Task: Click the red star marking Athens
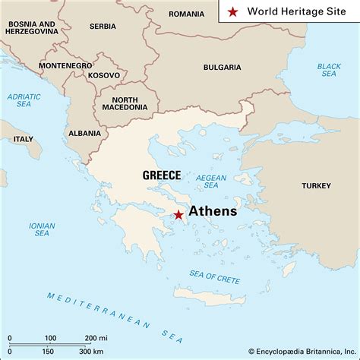coord(178,215)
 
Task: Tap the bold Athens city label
coord(213,211)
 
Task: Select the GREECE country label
coord(162,175)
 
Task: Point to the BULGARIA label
coord(222,68)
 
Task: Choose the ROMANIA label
coord(186,14)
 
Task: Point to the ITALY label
coord(24,139)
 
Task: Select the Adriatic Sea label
coord(24,101)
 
